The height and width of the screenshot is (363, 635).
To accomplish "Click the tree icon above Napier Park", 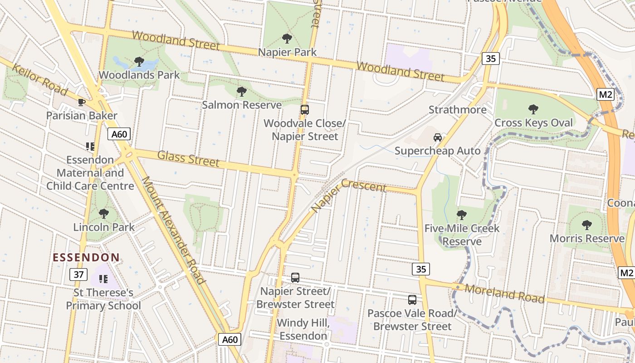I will [287, 39].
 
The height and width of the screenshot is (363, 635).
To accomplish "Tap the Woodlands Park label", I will [139, 75].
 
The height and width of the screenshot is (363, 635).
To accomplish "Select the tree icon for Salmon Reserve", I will [242, 92].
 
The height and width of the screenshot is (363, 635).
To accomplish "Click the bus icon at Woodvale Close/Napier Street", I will [305, 110].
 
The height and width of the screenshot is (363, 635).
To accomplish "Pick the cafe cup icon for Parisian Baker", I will [82, 102].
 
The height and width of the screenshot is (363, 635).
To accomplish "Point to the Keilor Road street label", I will [40, 81].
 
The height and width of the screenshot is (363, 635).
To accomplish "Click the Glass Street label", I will [188, 158].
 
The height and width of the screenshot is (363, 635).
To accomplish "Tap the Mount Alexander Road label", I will [174, 230].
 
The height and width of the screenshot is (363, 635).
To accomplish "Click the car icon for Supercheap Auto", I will [438, 137].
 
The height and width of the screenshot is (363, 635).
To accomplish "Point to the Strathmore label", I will [457, 110].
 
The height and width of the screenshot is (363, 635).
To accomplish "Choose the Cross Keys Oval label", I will [533, 123].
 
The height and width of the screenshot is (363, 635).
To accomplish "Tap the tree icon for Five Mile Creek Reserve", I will [462, 215].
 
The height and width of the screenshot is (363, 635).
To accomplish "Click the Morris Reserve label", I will [587, 239].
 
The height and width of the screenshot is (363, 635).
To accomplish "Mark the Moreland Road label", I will [504, 294].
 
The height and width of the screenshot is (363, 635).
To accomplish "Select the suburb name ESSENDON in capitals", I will [86, 258].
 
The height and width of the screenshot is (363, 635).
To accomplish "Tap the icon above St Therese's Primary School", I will [103, 279].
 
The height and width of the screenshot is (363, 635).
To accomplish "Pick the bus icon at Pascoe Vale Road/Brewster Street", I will [412, 299].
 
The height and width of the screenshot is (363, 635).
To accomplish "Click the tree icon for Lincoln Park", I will [104, 213].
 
